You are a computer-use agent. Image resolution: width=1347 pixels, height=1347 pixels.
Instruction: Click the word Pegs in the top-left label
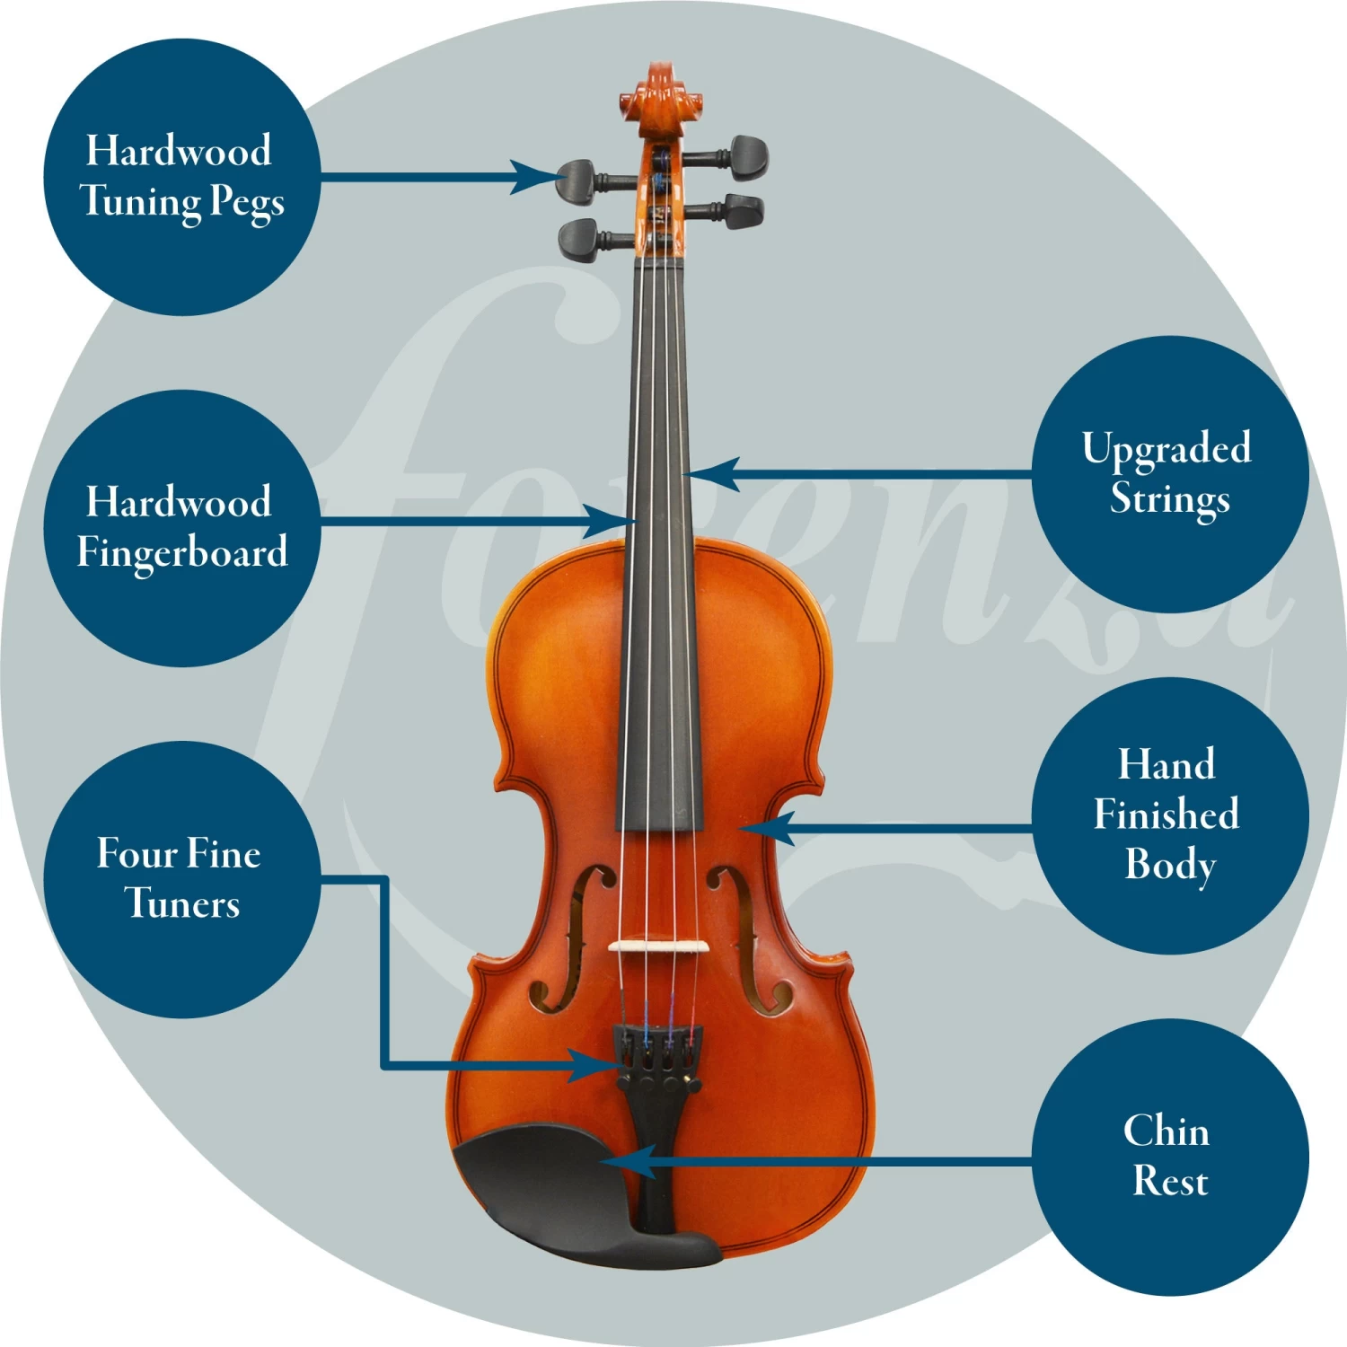(247, 203)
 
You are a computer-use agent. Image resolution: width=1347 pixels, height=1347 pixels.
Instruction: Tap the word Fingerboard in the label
(182, 552)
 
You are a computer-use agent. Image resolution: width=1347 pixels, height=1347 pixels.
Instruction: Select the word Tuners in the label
(182, 903)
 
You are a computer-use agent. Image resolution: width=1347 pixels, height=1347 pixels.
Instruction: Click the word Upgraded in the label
(1167, 448)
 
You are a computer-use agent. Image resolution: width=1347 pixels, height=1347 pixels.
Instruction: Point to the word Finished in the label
(1167, 814)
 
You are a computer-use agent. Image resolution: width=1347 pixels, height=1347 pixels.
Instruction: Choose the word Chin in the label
(1167, 1131)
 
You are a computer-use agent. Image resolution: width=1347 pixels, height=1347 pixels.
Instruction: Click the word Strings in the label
(1170, 499)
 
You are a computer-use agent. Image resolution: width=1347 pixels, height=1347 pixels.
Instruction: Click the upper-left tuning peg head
(576, 181)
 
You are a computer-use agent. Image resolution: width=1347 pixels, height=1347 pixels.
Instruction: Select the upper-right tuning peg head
(747, 156)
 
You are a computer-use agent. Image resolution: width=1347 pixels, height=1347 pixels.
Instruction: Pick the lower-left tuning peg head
(579, 241)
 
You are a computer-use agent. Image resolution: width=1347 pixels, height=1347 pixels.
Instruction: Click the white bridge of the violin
(658, 946)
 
